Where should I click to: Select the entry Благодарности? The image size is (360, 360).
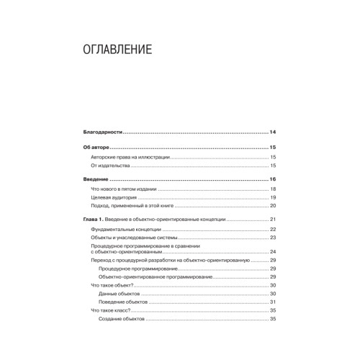(105, 132)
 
